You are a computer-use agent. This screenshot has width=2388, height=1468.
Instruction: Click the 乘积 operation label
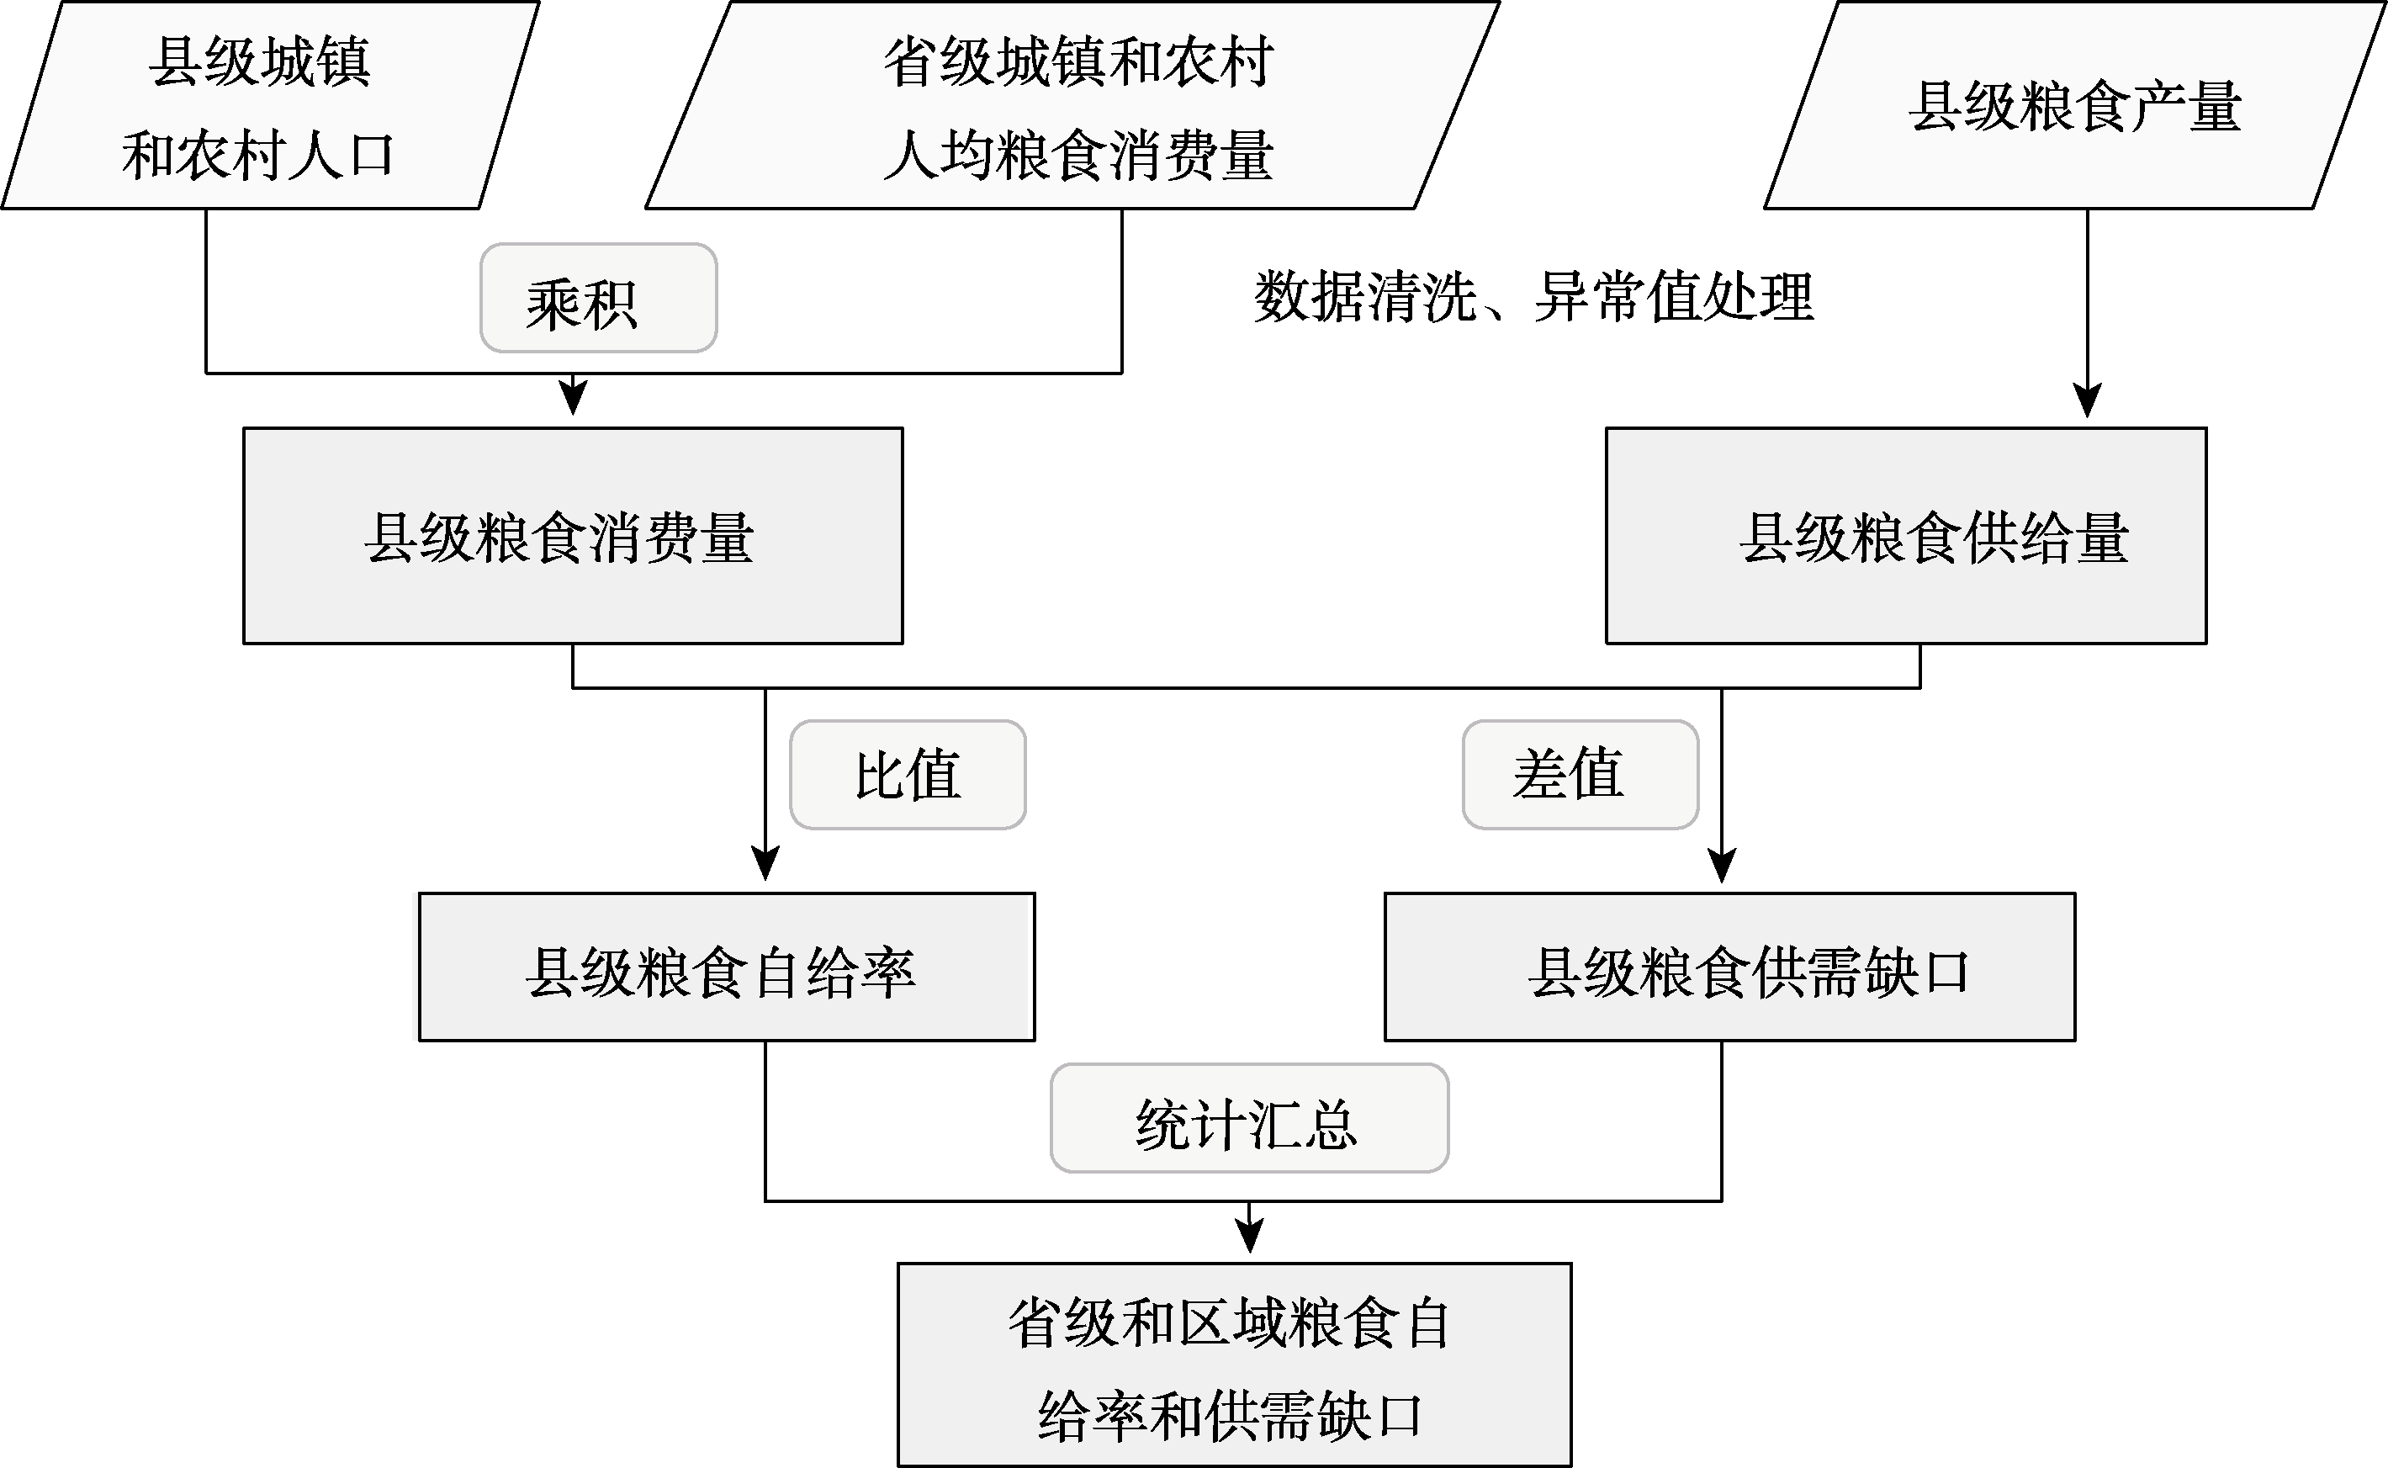pos(598,298)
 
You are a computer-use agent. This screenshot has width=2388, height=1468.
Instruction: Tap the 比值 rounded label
pos(908,775)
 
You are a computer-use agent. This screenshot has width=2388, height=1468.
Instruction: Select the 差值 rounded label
pos(1581,775)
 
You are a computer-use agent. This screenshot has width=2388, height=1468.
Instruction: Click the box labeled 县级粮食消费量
pos(573,536)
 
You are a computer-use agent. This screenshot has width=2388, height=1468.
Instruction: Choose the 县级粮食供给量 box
pos(1907,536)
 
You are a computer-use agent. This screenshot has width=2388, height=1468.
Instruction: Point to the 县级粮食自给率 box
pos(727,967)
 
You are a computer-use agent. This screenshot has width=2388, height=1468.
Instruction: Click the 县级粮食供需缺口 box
pos(1730,967)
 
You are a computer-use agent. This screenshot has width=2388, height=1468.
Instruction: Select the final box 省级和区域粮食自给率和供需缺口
pos(1234,1365)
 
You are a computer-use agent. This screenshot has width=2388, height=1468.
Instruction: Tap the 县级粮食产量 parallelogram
pos(2075,105)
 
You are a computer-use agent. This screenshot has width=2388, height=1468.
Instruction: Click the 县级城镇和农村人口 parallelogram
pos(270,105)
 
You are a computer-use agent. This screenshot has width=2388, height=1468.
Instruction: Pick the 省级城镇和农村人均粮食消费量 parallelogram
pos(1072,105)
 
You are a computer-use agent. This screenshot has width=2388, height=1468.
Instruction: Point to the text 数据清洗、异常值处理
pos(1533,296)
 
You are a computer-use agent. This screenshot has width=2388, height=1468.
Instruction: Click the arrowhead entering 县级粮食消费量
pos(574,397)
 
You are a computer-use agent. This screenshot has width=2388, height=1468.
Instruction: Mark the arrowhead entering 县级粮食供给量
pos(2087,400)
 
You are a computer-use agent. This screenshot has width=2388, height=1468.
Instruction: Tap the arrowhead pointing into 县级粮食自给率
pos(766,863)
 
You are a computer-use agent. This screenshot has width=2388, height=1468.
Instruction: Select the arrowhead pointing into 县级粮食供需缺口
pos(1722,865)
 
